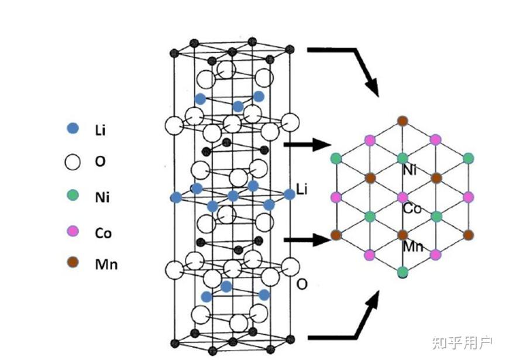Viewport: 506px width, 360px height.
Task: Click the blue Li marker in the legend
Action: point(73,128)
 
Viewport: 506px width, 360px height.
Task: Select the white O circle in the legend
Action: point(73,162)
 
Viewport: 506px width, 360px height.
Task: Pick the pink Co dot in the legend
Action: point(73,232)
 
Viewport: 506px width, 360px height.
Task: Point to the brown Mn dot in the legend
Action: point(73,263)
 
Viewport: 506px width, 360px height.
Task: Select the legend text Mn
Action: point(106,264)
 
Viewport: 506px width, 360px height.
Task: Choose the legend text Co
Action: point(103,233)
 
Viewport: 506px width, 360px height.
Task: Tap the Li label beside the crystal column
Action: point(302,188)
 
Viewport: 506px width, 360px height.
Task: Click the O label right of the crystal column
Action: point(302,284)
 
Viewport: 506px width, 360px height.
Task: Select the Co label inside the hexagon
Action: point(412,208)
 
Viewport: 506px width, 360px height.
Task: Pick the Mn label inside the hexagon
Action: point(412,246)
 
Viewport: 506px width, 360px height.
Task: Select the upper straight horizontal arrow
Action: point(308,144)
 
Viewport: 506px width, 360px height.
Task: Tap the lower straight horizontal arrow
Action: point(308,239)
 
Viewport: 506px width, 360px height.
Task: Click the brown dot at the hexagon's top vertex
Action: point(402,121)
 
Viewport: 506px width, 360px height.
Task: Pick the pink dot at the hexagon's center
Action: point(402,197)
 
